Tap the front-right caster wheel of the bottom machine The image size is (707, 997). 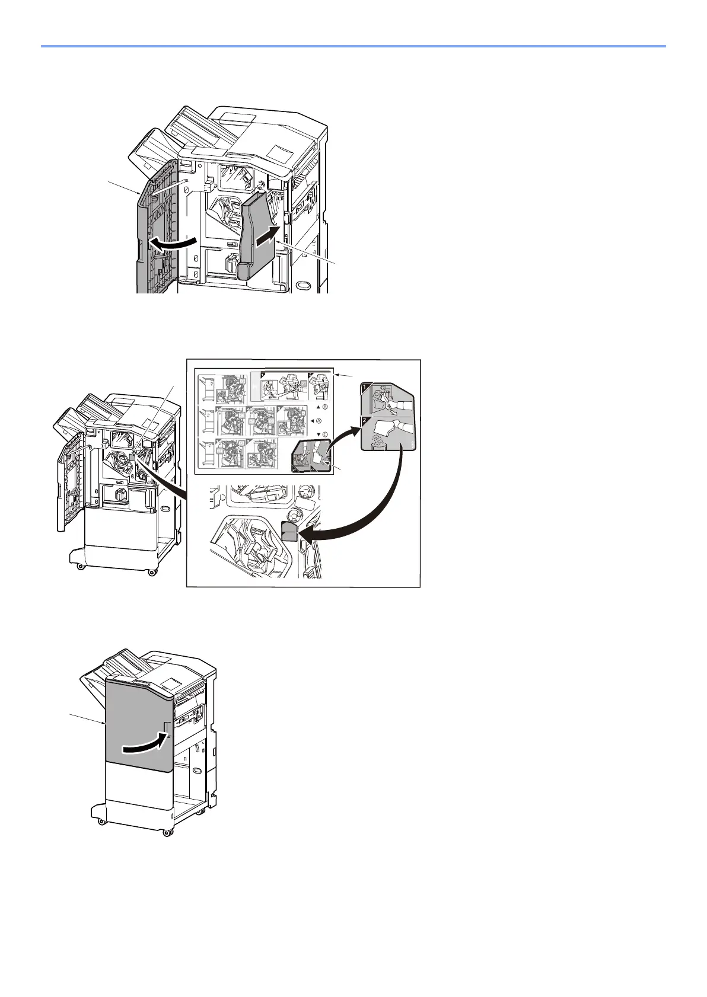click(167, 832)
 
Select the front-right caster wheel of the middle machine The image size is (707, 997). click(152, 571)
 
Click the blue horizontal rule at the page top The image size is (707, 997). click(353, 46)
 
